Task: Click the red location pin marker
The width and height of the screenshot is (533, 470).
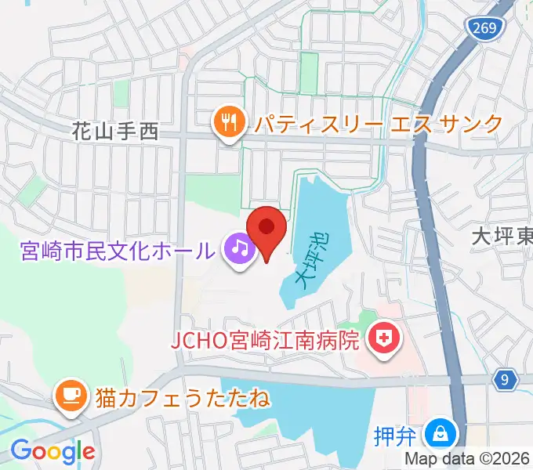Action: coord(266,230)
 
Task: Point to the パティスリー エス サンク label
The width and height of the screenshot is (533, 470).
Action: coord(376,123)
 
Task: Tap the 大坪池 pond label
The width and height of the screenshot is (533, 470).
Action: coord(310,258)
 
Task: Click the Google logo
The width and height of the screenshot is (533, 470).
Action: coord(52,451)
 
